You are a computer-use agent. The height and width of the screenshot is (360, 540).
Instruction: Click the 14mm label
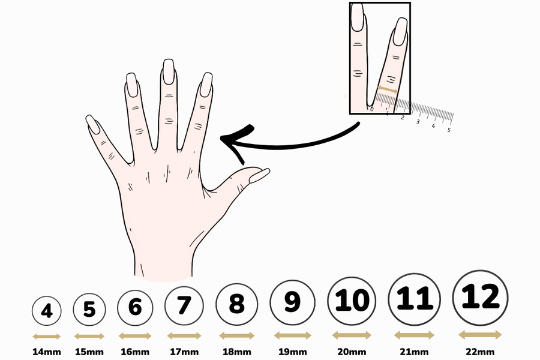point(47,352)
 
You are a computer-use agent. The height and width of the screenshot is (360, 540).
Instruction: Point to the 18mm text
point(236,352)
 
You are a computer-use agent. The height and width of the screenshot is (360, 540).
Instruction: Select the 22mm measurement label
point(480,352)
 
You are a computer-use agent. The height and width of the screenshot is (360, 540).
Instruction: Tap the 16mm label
point(135,352)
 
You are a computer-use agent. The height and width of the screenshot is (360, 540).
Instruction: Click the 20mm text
point(352,352)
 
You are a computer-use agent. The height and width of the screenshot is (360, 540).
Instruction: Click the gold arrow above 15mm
point(89,336)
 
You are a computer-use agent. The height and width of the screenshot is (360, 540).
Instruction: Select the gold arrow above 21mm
point(414,335)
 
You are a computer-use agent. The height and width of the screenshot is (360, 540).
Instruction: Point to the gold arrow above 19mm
point(292,335)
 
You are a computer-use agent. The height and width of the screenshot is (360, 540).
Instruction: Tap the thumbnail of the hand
point(259,176)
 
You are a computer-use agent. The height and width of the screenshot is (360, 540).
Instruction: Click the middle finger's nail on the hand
point(169,71)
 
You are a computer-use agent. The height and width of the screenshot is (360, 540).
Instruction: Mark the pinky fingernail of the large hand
point(92,124)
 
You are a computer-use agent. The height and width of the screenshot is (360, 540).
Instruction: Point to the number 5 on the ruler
point(448,130)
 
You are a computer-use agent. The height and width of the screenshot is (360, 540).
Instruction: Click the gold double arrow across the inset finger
point(388,89)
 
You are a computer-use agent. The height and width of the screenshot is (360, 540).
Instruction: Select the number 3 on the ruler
point(418,122)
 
